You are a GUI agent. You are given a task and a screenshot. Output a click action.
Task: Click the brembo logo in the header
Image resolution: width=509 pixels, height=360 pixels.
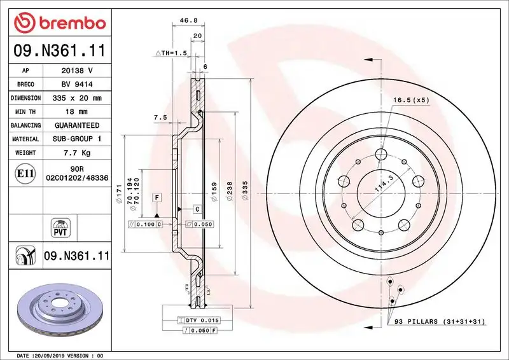tap(59, 24)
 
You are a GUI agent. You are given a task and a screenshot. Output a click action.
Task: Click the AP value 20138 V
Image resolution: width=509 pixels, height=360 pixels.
tap(76, 71)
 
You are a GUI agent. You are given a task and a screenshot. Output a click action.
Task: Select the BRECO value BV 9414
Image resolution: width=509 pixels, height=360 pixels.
tap(76, 85)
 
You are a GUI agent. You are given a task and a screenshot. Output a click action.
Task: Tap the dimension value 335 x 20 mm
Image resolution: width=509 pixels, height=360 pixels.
tap(76, 98)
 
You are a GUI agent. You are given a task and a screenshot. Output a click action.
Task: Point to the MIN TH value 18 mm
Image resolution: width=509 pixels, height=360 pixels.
tap(76, 112)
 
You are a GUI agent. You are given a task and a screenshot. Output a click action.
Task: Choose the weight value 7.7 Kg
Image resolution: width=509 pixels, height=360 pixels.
tap(76, 153)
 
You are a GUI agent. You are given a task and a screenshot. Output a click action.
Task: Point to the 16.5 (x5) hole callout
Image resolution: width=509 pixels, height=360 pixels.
tap(412, 100)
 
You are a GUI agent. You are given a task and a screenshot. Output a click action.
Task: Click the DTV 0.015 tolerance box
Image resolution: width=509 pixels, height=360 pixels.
tap(202, 320)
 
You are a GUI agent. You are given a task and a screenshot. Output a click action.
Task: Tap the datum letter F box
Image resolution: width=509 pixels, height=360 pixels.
tap(155, 198)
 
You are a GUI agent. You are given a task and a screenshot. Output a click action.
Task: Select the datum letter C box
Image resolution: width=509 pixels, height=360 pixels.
tap(197, 209)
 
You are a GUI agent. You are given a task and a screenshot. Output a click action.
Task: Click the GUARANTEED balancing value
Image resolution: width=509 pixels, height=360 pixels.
tap(76, 125)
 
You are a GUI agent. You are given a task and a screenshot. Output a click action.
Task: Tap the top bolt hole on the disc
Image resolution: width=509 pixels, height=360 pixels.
tap(382, 154)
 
